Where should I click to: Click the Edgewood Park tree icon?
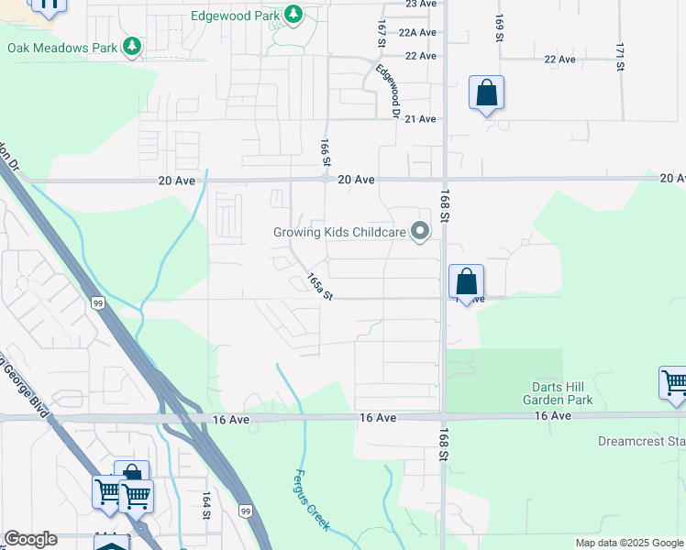click(x=293, y=15)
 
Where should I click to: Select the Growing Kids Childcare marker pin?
click(x=420, y=232)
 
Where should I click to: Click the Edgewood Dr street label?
click(x=388, y=90)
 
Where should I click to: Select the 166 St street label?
click(x=325, y=152)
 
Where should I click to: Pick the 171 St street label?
click(x=620, y=57)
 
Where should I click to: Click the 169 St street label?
click(x=499, y=27)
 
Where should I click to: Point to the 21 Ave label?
click(x=420, y=119)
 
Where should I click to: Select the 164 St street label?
click(x=206, y=504)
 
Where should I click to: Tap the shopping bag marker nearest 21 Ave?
click(x=486, y=93)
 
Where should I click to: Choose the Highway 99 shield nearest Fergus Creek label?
click(x=245, y=511)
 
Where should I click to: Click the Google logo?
click(x=30, y=539)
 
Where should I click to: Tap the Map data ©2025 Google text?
click(x=629, y=543)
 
